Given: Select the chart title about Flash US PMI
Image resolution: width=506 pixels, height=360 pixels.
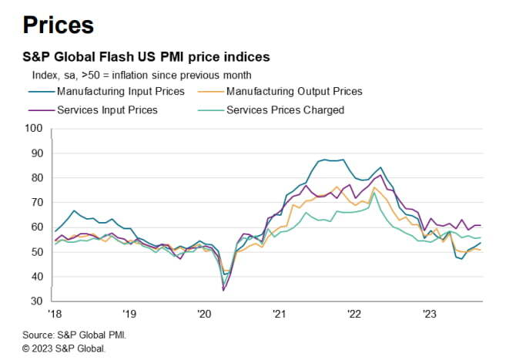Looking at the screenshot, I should coord(146,57).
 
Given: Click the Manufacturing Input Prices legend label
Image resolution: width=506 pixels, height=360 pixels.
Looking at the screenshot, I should coord(121,91).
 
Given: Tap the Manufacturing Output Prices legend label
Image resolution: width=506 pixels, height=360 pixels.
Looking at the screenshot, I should coord(294,91).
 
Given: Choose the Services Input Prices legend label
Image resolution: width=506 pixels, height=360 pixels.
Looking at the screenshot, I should coord(108,109).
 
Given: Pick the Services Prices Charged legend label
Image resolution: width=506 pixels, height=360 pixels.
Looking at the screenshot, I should coord(285,109).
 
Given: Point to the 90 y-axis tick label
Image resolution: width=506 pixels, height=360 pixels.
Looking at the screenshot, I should coord(35,153).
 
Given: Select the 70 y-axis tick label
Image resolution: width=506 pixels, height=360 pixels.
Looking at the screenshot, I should coord(35,202).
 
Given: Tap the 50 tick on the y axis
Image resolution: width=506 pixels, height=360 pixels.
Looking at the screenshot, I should coord(35,251).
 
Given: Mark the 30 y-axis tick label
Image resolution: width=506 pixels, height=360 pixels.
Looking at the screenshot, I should coord(35,301).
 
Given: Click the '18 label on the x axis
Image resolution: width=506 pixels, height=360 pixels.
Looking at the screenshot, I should coord(54,314).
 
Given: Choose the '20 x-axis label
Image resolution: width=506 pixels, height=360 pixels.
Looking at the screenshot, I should coord(204,314).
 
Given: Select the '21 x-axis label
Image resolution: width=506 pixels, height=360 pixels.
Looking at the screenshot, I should coord(279,314).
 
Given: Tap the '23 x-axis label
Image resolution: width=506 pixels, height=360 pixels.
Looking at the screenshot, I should coord(430,314).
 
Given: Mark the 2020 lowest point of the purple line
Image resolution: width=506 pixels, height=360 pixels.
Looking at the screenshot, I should coord(223,290).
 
